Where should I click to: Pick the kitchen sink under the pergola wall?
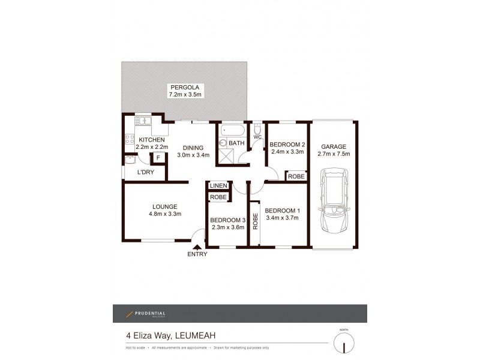(143, 121)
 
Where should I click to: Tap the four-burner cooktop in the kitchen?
(129, 139)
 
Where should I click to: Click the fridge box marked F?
(158, 158)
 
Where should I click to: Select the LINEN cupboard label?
(218, 186)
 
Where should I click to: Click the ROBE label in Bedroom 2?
(296, 176)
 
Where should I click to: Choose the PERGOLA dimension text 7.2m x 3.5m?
(185, 95)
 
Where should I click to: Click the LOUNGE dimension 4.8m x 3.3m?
(164, 214)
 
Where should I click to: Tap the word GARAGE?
(335, 146)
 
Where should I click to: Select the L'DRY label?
(146, 173)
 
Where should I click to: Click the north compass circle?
(344, 344)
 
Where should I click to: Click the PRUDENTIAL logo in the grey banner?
(146, 313)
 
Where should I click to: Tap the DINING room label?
(193, 148)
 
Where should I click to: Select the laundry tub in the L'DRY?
(130, 160)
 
